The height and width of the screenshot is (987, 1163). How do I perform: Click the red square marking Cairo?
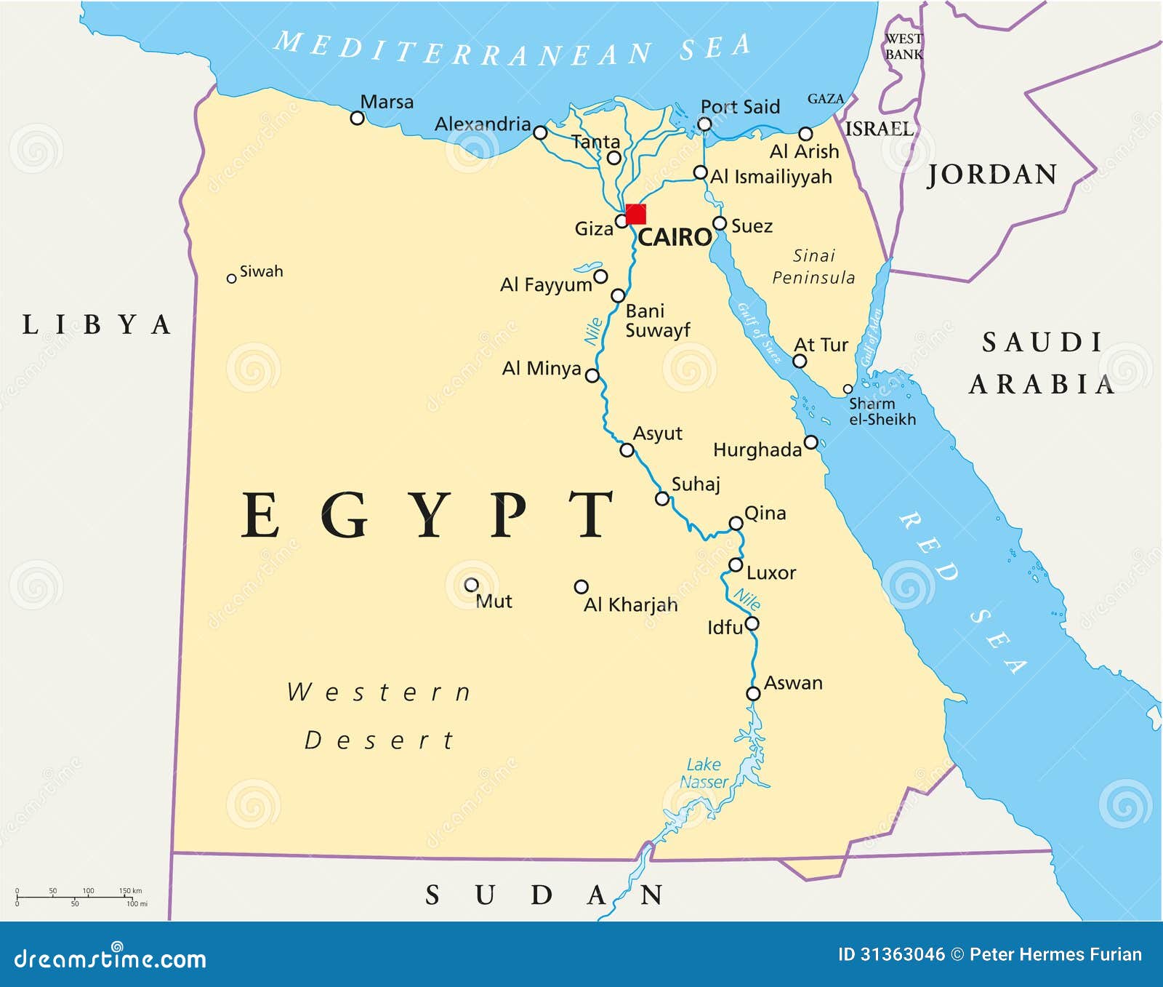point(635,214)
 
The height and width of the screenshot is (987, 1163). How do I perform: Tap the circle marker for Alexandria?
point(540,132)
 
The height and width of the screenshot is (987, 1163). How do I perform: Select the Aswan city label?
point(793,683)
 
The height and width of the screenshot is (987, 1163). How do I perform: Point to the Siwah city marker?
point(231,279)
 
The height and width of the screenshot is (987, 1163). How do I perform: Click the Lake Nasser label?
point(704,773)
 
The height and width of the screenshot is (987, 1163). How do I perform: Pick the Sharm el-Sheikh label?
point(882,412)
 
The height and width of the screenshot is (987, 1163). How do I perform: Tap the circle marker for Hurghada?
point(811,442)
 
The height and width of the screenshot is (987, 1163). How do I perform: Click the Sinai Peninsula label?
point(813,266)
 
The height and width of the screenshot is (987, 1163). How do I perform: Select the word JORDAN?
point(992,175)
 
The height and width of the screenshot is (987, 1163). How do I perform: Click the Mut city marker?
point(471,585)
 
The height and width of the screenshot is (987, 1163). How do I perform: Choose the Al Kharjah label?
point(630,605)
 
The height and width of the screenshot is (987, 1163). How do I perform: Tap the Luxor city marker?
point(736,565)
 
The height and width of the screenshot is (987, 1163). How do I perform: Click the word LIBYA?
point(97,324)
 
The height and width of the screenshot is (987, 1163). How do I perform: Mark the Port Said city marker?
point(704,124)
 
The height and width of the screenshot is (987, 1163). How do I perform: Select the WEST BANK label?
point(904,47)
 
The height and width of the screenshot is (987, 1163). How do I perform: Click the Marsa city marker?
point(357,118)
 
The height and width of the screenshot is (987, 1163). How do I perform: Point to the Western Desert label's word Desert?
point(379,740)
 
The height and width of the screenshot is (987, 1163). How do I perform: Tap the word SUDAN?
point(543,895)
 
